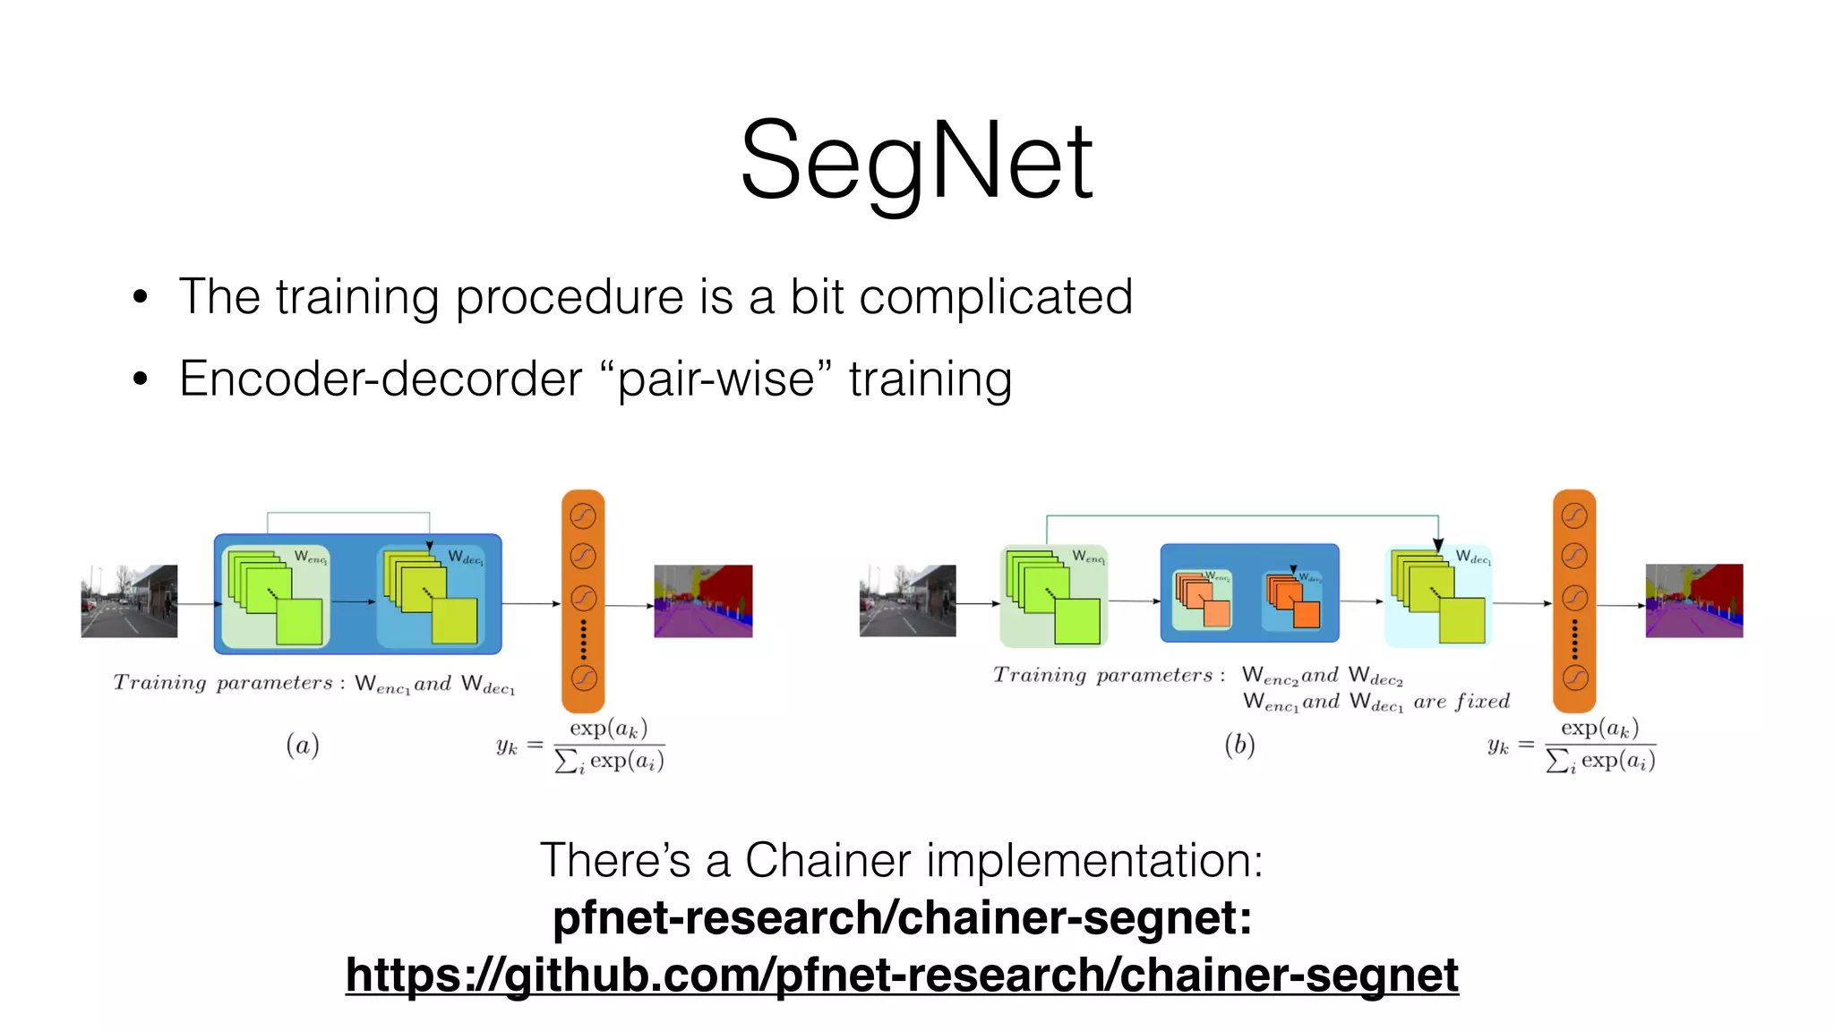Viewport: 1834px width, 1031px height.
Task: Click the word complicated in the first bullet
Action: (x=995, y=297)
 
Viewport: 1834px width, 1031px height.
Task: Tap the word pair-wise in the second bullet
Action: (x=716, y=379)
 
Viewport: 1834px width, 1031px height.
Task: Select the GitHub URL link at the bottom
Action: (x=902, y=975)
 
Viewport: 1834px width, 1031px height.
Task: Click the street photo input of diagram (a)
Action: (x=129, y=601)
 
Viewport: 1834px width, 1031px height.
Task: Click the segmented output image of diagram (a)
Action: (x=703, y=601)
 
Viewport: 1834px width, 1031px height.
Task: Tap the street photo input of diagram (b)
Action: (x=907, y=601)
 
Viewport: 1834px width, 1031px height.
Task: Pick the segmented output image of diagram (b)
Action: (x=1694, y=601)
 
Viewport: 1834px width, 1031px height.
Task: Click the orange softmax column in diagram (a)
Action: (x=583, y=601)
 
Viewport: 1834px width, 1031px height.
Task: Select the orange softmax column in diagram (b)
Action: (x=1574, y=601)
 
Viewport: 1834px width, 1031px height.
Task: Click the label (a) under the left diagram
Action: (x=303, y=745)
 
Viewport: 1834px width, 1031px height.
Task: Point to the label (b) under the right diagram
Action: (x=1239, y=745)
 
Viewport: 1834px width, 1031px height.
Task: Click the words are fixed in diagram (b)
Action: (x=1461, y=702)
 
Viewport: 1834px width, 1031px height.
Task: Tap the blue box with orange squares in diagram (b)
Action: (x=1249, y=592)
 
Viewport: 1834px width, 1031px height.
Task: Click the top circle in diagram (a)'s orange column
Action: (x=583, y=515)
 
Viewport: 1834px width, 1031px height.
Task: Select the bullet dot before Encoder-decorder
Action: (x=140, y=379)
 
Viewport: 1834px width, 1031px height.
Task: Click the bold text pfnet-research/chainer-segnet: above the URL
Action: (x=902, y=918)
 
